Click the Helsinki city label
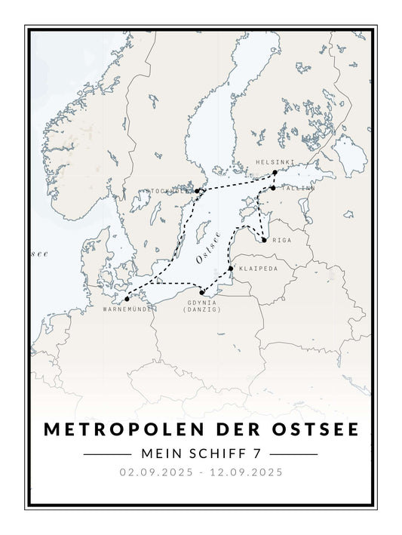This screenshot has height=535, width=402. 271,162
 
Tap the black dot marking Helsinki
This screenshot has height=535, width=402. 275,173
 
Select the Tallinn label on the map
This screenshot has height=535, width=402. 294,189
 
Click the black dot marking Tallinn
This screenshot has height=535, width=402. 273,188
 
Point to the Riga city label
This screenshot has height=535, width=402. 281,241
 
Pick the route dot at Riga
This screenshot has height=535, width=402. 264,240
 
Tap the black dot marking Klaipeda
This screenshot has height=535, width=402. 231,268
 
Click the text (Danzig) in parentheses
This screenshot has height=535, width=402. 201,310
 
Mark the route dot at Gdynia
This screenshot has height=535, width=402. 201,293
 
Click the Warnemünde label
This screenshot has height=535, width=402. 128,309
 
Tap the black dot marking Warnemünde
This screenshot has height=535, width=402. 127,300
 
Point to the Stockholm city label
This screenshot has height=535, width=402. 169,192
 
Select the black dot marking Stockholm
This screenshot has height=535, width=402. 197,192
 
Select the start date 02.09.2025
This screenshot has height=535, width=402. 155,473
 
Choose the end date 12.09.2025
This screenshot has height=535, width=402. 246,473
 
